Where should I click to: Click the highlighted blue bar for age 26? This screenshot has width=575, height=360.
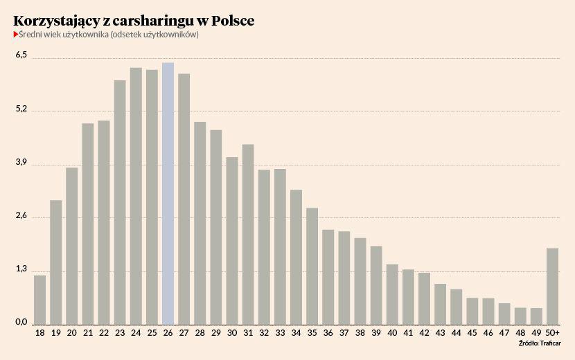(x=168, y=193)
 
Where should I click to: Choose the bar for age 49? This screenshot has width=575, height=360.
(x=536, y=316)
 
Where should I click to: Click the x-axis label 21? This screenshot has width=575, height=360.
(x=88, y=333)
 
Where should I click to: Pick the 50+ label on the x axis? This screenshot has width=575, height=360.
(x=552, y=333)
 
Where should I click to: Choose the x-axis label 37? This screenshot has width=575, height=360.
(x=344, y=333)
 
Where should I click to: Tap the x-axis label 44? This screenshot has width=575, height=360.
(x=456, y=333)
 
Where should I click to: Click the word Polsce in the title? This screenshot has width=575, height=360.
(x=231, y=21)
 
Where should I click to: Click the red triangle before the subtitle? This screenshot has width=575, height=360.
(x=15, y=35)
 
